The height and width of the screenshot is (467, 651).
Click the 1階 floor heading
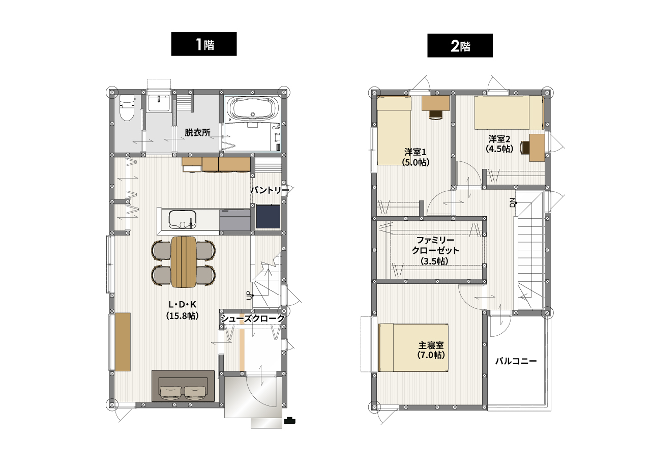[204, 44]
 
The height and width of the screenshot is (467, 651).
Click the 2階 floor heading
[460, 46]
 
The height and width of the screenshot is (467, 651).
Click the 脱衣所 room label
[198, 133]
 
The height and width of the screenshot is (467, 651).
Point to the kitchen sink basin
[182, 219]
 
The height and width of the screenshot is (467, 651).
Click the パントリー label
[270, 190]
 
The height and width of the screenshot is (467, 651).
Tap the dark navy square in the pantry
[268, 216]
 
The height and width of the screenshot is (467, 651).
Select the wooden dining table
[184, 261]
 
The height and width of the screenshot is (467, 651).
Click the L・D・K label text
[183, 304]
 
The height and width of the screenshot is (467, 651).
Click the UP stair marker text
[249, 295]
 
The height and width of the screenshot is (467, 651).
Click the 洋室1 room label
[415, 152]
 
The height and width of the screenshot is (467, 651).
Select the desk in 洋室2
[537, 148]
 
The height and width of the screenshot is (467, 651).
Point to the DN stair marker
[512, 202]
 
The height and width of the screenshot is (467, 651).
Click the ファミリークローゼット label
[435, 245]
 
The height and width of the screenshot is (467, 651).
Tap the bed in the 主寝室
[413, 347]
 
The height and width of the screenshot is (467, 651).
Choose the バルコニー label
[516, 361]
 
